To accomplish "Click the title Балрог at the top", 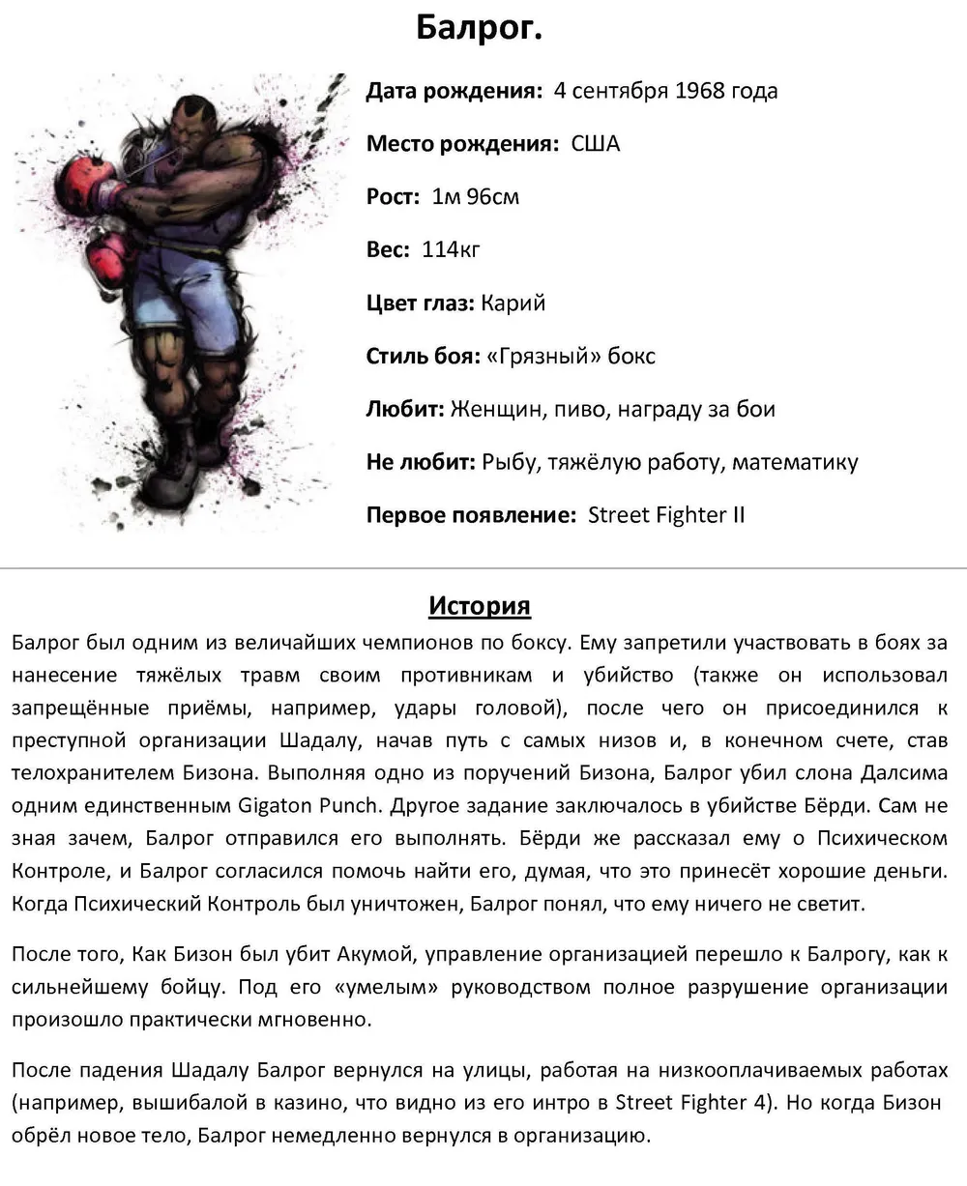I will (479, 28).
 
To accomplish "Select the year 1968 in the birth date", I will (701, 92).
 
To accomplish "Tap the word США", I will (596, 145).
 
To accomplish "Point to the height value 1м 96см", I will (475, 197).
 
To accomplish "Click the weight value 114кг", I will (451, 250).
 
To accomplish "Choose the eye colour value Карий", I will (513, 304).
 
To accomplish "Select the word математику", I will (795, 463).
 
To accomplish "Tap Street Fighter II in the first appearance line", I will (666, 515).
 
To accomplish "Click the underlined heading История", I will (480, 607).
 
